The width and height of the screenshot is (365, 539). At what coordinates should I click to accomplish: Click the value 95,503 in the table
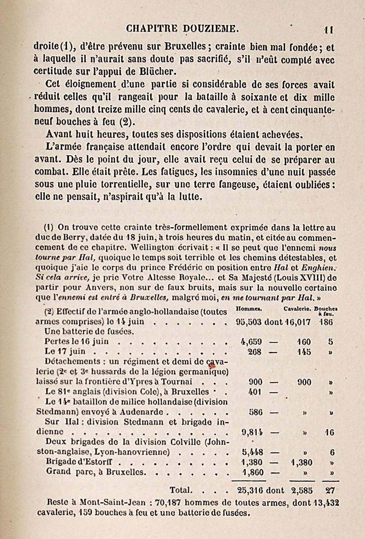[x=249, y=322]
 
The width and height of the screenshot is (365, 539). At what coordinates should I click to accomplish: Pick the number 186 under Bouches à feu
[x=326, y=322]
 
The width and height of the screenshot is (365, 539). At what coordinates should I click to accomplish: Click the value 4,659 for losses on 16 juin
[x=252, y=342]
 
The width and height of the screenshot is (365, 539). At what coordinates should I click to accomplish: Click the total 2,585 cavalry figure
[x=302, y=491]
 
